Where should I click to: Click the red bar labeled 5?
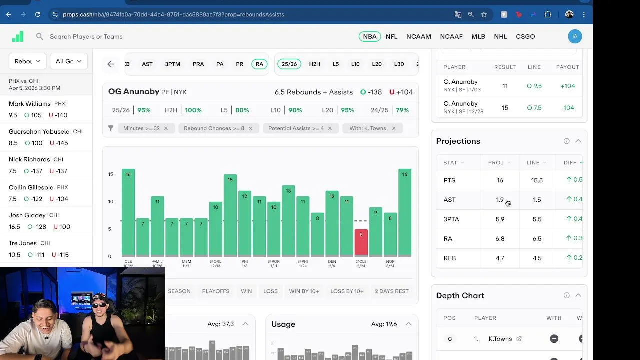pos(361,242)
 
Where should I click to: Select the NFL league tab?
pos(391,36)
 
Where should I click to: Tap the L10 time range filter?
pos(355,64)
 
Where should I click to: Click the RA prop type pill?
pos(259,64)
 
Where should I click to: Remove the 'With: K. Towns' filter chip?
pos(394,128)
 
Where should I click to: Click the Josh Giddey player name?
pos(27,215)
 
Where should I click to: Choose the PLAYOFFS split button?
pos(216,291)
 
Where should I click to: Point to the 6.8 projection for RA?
pos(500,239)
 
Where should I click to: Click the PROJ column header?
pos(496,162)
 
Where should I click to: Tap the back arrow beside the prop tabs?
pos(111,64)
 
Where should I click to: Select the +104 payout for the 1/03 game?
pos(567,86)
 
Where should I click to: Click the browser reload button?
pos(38,14)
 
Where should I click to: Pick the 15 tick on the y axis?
pos(110,174)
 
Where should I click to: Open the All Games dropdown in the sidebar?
pos(69,61)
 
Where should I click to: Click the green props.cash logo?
pos(18,36)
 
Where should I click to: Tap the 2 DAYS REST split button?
pos(392,291)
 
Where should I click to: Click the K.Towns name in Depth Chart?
pos(500,339)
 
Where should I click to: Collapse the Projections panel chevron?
pos(578,141)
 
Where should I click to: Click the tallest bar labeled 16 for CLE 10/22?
pos(128,212)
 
